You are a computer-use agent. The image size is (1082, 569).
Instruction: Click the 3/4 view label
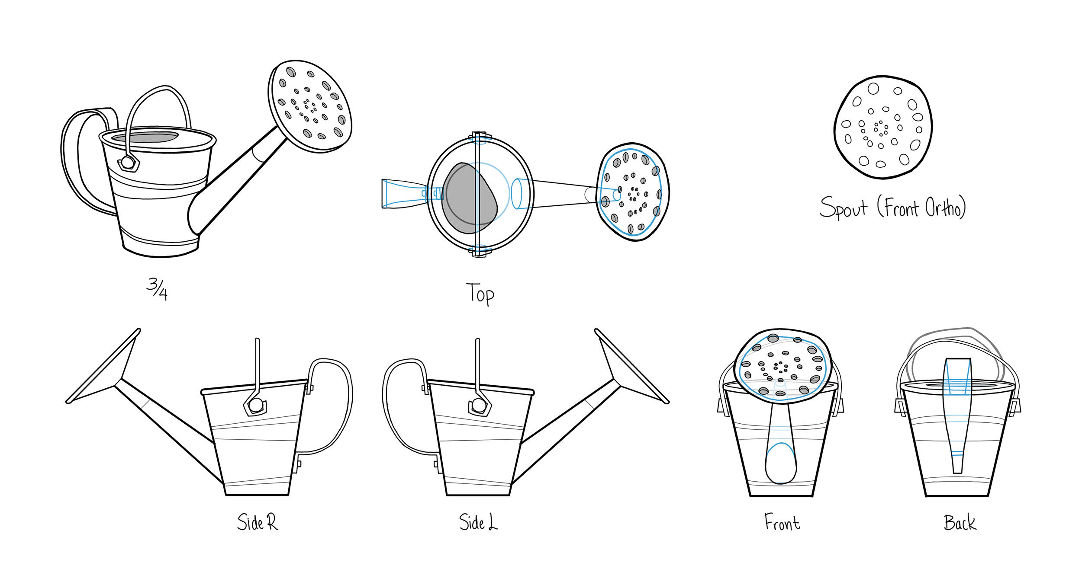coord(157,289)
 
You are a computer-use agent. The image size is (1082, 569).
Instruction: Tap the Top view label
coord(480,294)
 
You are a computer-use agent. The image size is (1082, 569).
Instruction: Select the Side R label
coord(258,522)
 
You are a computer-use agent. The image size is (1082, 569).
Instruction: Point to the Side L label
coord(478,522)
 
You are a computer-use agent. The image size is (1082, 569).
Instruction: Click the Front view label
coord(782,522)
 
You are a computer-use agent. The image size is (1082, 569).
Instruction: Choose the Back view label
coord(960,522)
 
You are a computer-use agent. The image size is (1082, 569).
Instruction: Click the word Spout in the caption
coord(844,208)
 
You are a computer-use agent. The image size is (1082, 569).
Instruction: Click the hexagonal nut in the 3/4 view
coord(128,163)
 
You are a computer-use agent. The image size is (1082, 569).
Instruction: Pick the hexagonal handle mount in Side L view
coord(480,406)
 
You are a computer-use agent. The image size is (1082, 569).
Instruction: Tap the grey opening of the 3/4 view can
coord(145,137)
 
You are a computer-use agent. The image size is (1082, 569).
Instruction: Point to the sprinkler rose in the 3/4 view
coord(310,106)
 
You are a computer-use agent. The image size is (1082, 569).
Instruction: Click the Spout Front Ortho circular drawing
coord(883,127)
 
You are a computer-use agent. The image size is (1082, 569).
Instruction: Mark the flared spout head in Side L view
coord(633,366)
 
